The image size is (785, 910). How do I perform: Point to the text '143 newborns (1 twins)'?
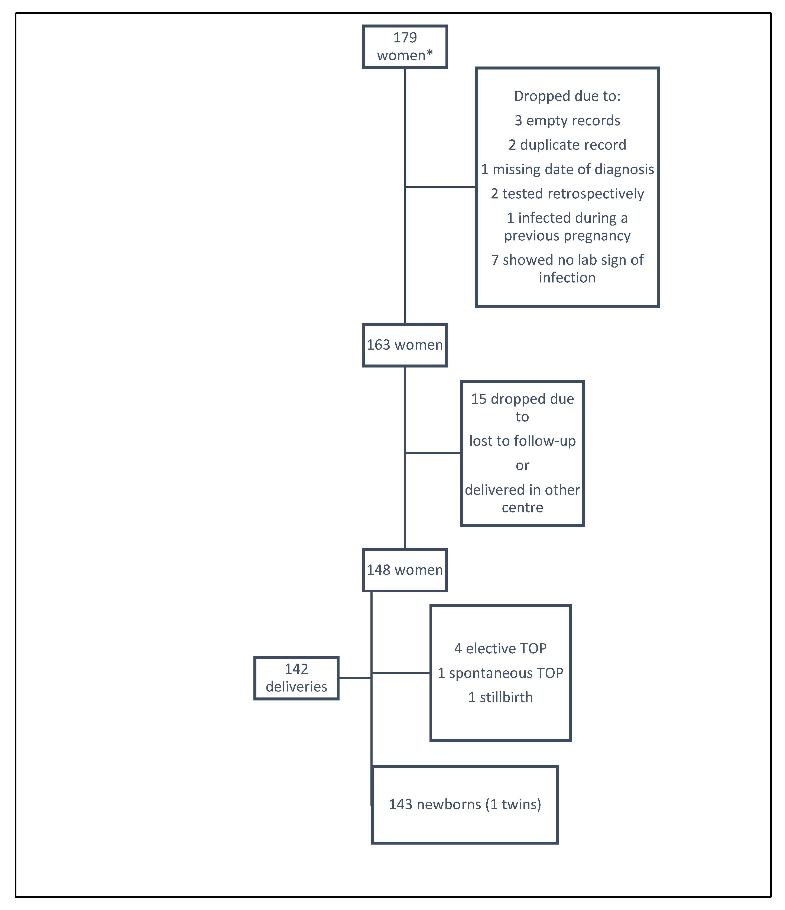click(465, 804)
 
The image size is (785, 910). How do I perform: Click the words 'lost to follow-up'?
click(522, 441)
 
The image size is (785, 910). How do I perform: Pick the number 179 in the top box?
click(405, 38)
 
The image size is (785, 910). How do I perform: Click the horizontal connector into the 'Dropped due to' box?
click(440, 187)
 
